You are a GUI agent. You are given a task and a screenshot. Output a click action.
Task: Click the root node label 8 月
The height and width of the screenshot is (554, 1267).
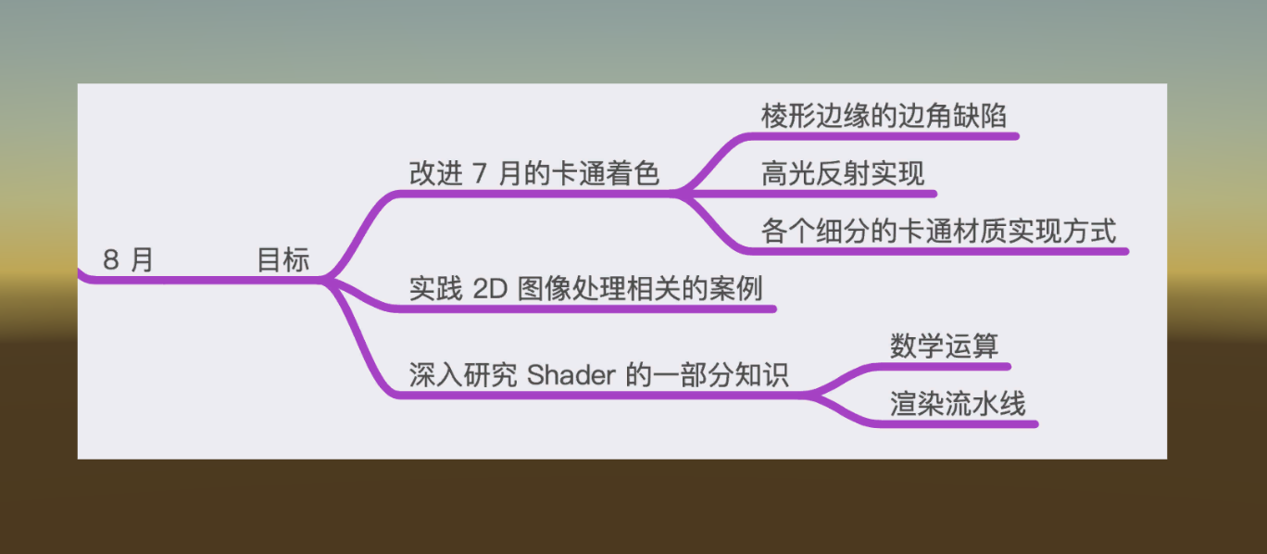coord(128,259)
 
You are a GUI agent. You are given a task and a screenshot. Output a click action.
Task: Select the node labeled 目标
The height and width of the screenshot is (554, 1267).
coord(282,259)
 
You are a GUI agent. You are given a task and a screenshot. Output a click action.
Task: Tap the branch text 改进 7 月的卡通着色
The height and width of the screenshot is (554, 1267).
coord(534,173)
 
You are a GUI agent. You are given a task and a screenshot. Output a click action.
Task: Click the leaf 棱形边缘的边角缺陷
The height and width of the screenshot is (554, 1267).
coord(884,116)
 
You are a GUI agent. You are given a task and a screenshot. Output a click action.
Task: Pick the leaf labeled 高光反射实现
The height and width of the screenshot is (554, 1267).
coord(843,173)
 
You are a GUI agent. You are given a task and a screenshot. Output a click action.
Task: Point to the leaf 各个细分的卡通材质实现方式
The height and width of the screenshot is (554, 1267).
coord(939,231)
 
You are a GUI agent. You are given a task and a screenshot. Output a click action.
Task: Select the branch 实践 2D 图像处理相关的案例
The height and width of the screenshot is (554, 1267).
coord(586,289)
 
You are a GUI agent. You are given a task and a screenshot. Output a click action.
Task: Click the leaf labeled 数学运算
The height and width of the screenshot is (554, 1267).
coord(944,346)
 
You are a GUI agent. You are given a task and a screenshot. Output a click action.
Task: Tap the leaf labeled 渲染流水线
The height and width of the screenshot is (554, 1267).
coord(958,404)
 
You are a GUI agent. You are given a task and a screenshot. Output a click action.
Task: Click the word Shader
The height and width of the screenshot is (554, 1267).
coord(571,374)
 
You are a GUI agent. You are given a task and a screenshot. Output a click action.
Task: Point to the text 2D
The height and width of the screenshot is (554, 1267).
coord(490,289)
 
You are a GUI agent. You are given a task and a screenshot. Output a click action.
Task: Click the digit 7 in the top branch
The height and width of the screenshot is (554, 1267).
coord(480,173)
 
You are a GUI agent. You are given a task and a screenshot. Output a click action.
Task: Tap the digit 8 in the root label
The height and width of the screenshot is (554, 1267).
coord(111,259)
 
